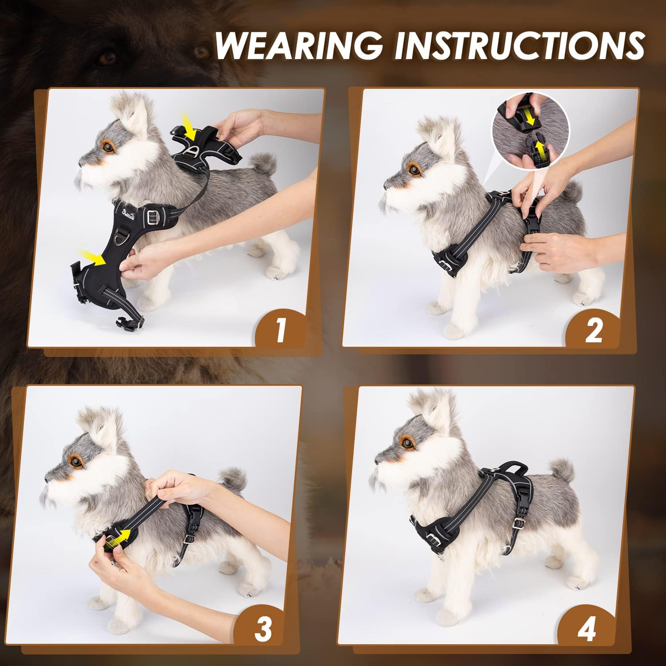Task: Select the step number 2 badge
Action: [x=593, y=331]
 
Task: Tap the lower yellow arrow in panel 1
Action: [x=94, y=257]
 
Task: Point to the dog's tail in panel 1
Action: [x=262, y=164]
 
